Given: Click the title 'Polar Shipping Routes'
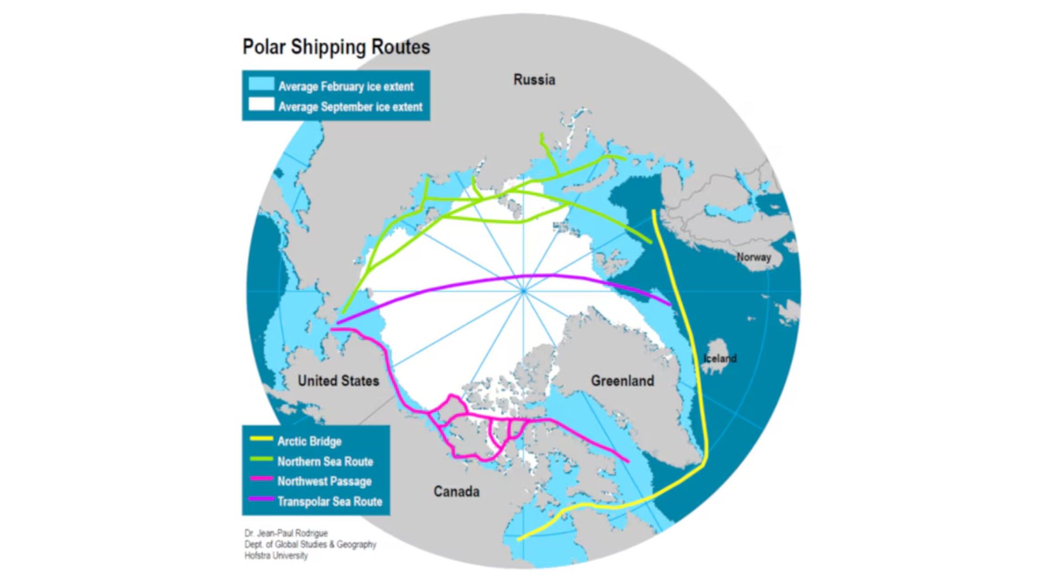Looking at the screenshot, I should pos(336,47).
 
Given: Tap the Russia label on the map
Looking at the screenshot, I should pos(534,80).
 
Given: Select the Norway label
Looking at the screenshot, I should pos(753,257).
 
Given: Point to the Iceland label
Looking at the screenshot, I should pos(720,358).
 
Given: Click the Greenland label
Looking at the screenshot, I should pos(622,381).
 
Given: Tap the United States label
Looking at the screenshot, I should pos(338,381).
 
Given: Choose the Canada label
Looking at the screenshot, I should pos(456,492).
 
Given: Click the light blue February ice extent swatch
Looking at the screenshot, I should pos(261,84).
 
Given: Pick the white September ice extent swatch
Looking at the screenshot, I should pos(261,105).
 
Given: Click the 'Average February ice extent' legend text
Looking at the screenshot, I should pos(346,86).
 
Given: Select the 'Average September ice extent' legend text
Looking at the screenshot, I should pos(350,107).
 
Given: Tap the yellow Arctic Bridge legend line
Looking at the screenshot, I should pos(260,438).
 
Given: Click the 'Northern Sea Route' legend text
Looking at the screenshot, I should pos(325,462).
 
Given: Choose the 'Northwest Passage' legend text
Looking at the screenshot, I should pos(325,481).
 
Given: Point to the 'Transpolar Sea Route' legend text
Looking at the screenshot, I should pos(329,501).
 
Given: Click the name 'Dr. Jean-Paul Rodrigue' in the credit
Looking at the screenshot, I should pos(286,533).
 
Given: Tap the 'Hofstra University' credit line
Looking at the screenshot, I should pos(276,556).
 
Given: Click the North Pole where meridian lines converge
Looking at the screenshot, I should pos(524,291).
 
